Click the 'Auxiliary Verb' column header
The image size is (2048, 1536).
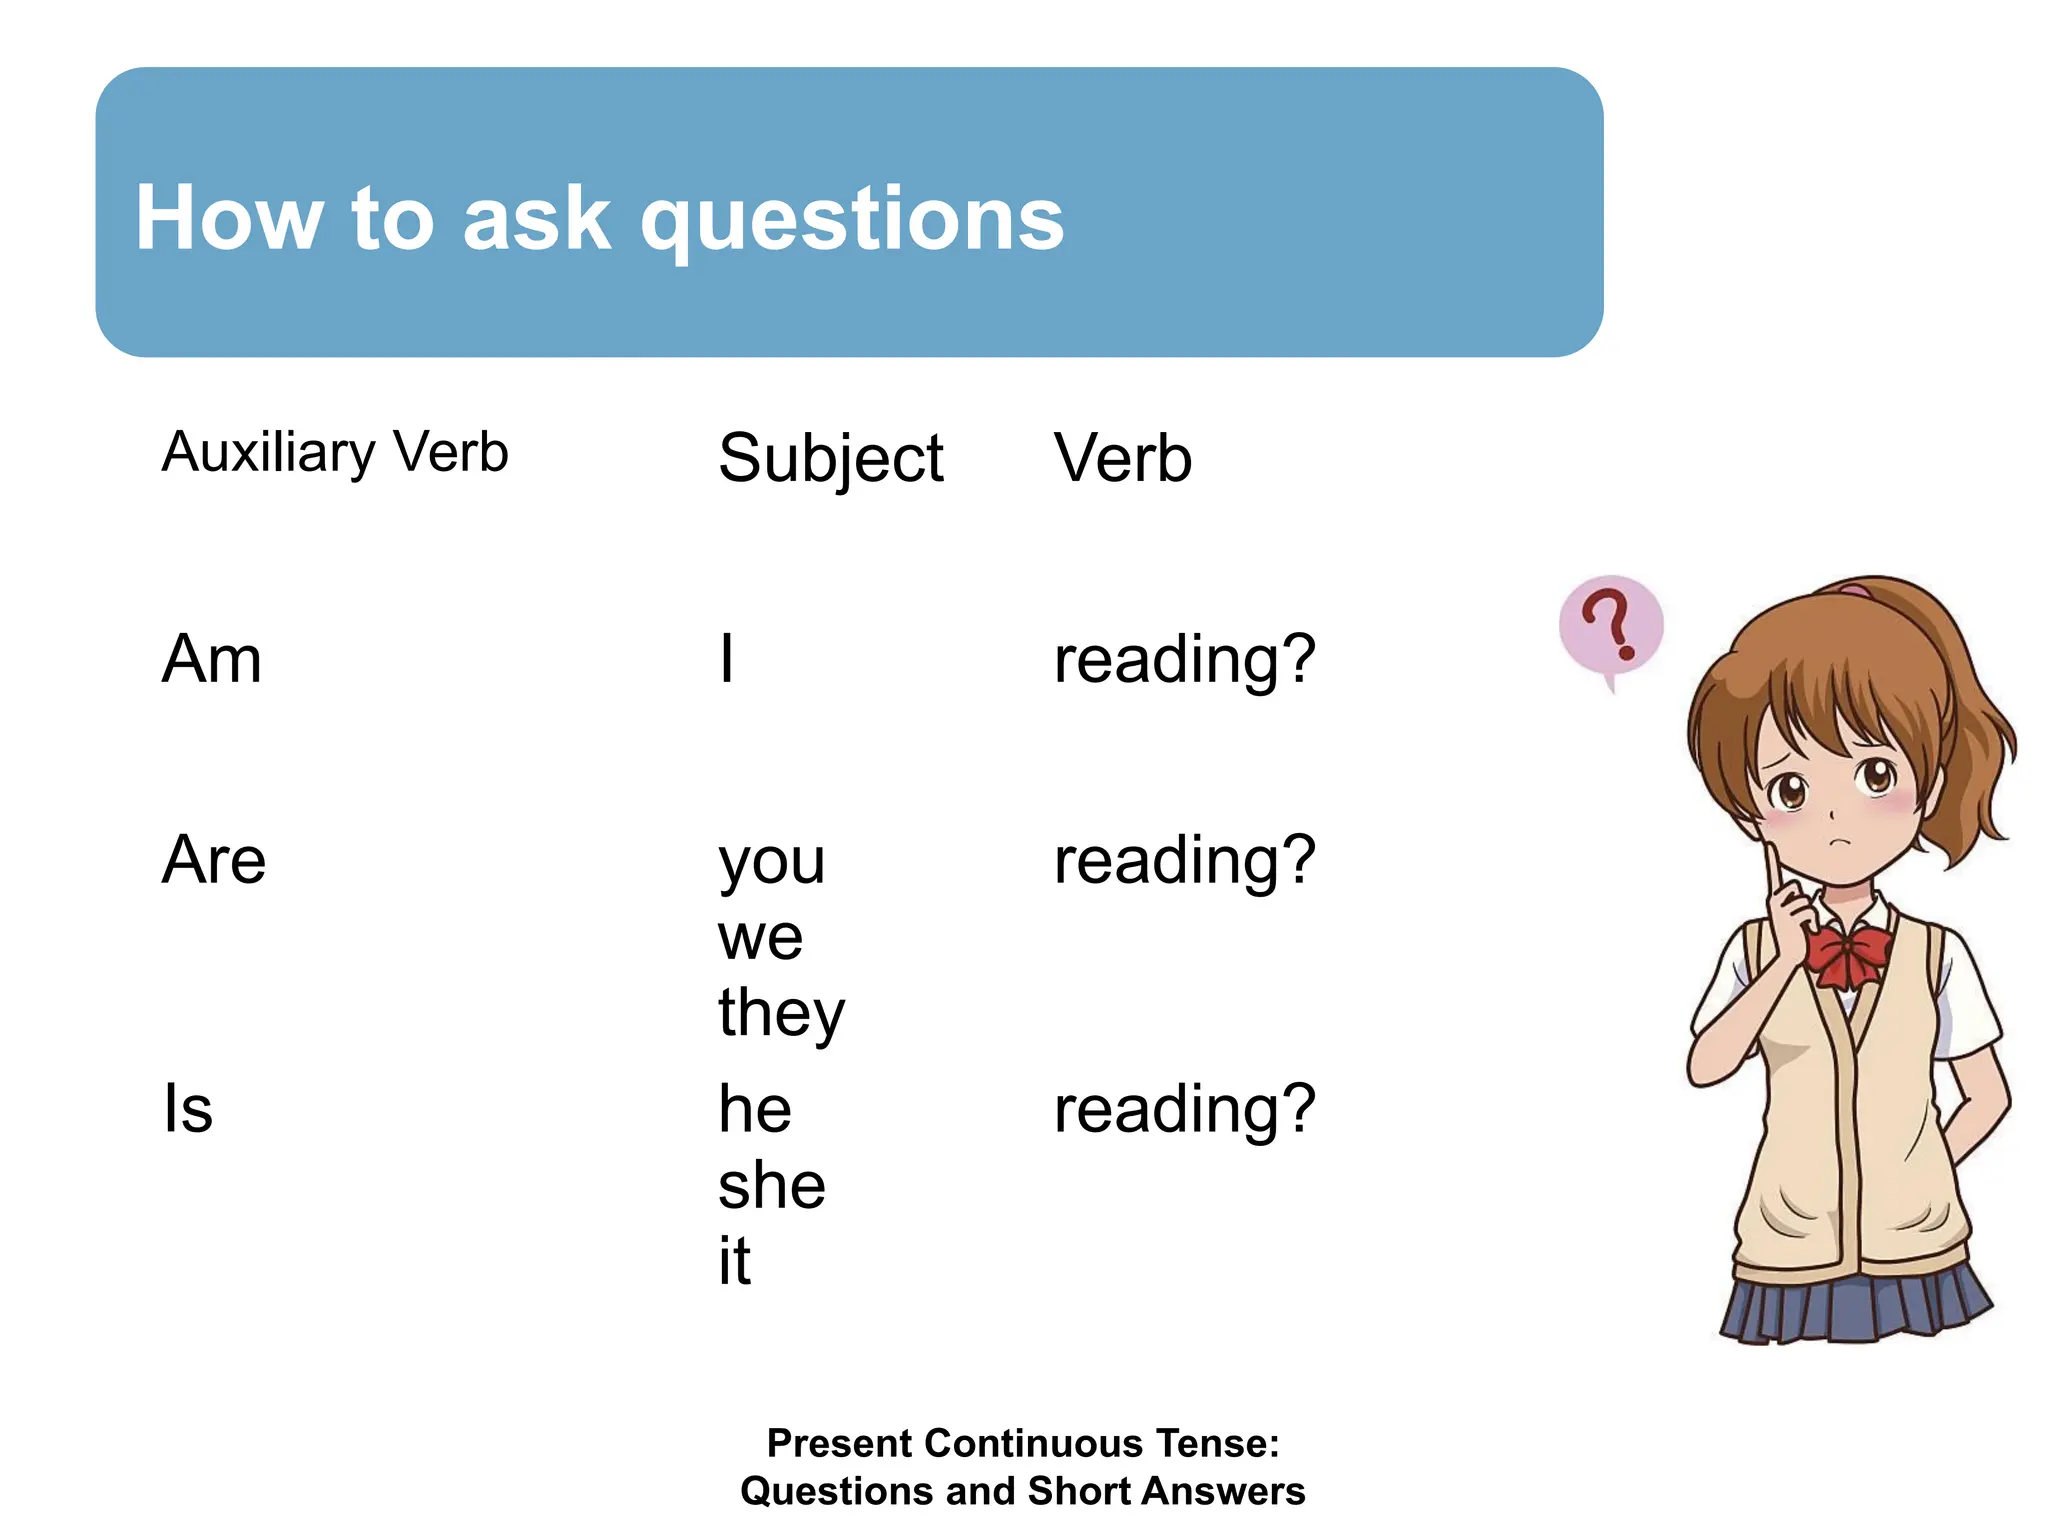[x=335, y=452]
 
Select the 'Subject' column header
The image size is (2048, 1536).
[x=830, y=459]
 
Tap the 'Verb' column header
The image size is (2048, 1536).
[x=1123, y=459]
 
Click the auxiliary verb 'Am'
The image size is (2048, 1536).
[x=212, y=660]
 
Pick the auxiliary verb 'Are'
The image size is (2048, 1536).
[x=214, y=860]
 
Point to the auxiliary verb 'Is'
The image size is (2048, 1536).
[x=188, y=1109]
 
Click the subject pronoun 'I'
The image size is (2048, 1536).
[x=727, y=660]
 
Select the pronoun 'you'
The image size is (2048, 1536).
[x=772, y=862]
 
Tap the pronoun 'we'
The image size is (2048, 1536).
[x=760, y=938]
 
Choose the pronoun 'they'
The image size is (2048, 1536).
[x=781, y=1014]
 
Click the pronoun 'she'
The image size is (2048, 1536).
[x=772, y=1186]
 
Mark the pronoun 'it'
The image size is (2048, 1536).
[x=734, y=1262]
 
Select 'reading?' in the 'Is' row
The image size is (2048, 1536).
[x=1185, y=1110]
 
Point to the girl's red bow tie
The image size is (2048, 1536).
[x=1846, y=955]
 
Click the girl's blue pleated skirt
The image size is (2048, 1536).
[x=1855, y=1305]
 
